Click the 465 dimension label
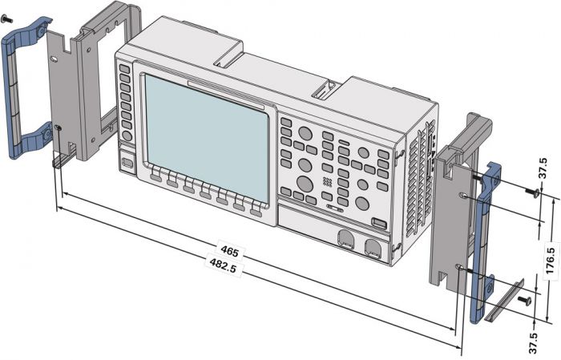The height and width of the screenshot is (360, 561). click(230, 252)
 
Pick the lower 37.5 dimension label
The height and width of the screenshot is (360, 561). click(543, 337)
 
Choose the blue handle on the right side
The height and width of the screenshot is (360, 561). click(484, 241)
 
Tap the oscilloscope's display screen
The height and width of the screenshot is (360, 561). click(204, 136)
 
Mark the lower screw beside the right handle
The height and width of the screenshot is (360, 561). click(524, 300)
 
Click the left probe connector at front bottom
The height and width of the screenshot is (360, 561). click(345, 240)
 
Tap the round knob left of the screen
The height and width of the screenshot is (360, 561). click(127, 136)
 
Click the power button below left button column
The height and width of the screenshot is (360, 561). click(127, 164)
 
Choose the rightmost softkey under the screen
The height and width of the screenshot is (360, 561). click(256, 210)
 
